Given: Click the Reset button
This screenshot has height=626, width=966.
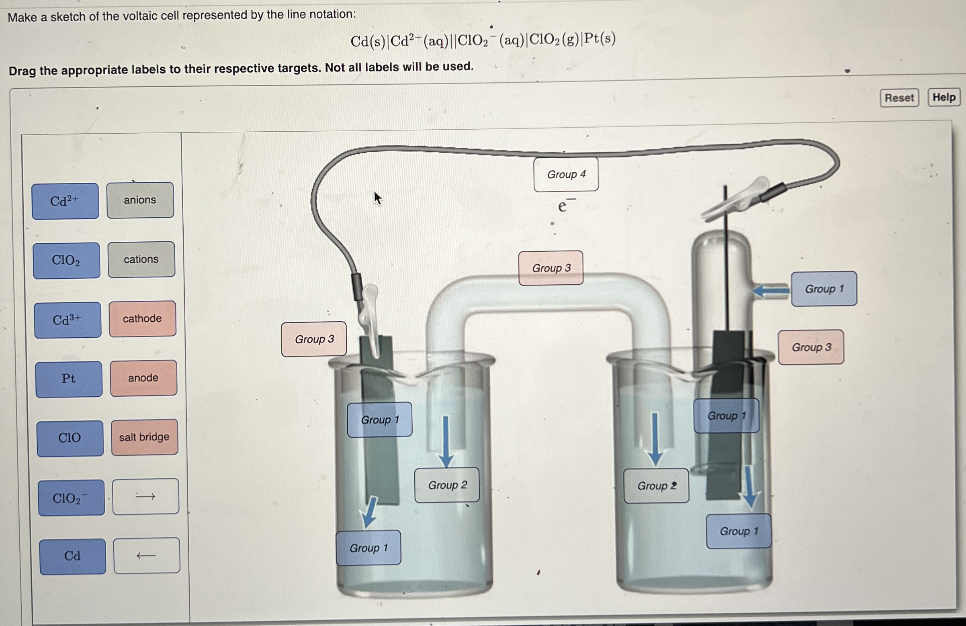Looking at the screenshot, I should coord(899,98).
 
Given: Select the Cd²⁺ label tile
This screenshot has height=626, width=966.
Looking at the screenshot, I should coord(65,201).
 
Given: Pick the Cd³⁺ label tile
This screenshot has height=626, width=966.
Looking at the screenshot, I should coord(68,320).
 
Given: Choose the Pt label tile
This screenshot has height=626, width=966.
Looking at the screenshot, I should coord(69,379).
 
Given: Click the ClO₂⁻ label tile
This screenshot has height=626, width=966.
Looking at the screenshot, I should coord(71,498).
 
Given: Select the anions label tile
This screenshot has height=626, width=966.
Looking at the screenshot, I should coord(140,200).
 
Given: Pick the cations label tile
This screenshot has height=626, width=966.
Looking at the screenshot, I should coord(141,259).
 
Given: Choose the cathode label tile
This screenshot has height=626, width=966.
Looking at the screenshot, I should coord(143,318).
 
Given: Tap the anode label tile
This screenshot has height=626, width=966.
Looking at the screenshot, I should coord(143,378).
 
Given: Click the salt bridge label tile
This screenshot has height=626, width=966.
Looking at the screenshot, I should coord(145,437).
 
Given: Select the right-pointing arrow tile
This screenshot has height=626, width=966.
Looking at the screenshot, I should coord(146,496).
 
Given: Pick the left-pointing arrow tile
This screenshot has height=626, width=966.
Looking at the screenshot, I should coord(147,555).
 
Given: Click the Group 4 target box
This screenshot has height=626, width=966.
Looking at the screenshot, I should coord(566,174).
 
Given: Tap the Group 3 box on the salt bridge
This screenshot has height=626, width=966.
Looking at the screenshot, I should coord(551,268).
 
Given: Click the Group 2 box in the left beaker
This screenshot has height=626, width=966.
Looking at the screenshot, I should coord(447,485).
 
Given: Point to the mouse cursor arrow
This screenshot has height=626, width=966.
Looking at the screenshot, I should coord(377,198).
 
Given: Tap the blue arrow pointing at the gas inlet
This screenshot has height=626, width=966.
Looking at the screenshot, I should coord(770,290).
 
